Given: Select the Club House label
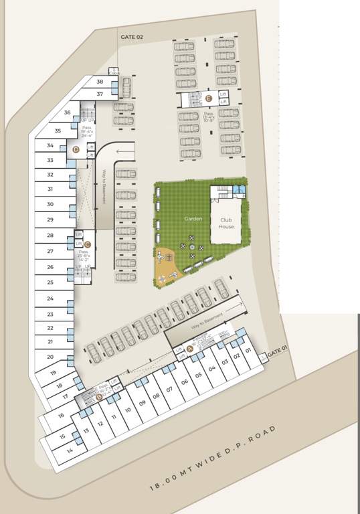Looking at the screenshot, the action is tap(226, 222).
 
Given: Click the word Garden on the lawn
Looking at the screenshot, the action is tap(193, 218).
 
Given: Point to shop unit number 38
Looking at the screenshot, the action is tap(100, 82).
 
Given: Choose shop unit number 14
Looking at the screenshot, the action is tap(70, 450).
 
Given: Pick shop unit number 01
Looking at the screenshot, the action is tap(248, 350).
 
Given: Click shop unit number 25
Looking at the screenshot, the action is tap(50, 282).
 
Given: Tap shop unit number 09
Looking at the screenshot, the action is tap(143, 403).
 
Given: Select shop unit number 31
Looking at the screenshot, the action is tap(50, 189).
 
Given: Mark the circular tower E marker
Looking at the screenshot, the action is tap(209, 98).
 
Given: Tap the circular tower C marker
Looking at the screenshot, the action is tap(87, 244).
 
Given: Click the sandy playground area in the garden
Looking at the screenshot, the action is tap(169, 265).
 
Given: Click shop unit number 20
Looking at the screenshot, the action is tap(50, 357).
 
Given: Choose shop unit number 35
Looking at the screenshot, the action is tap(58, 131).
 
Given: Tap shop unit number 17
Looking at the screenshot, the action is tap(65, 396).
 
